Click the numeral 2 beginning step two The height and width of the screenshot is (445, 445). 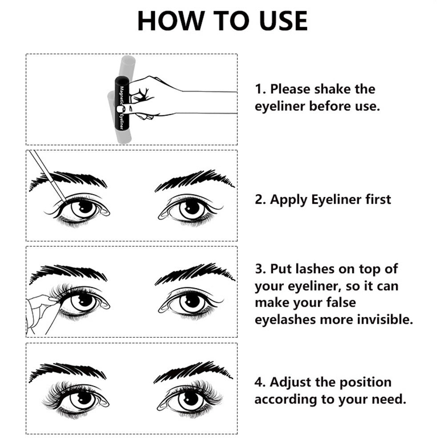[x=259, y=199]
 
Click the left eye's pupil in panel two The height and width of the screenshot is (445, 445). [x=82, y=207]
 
